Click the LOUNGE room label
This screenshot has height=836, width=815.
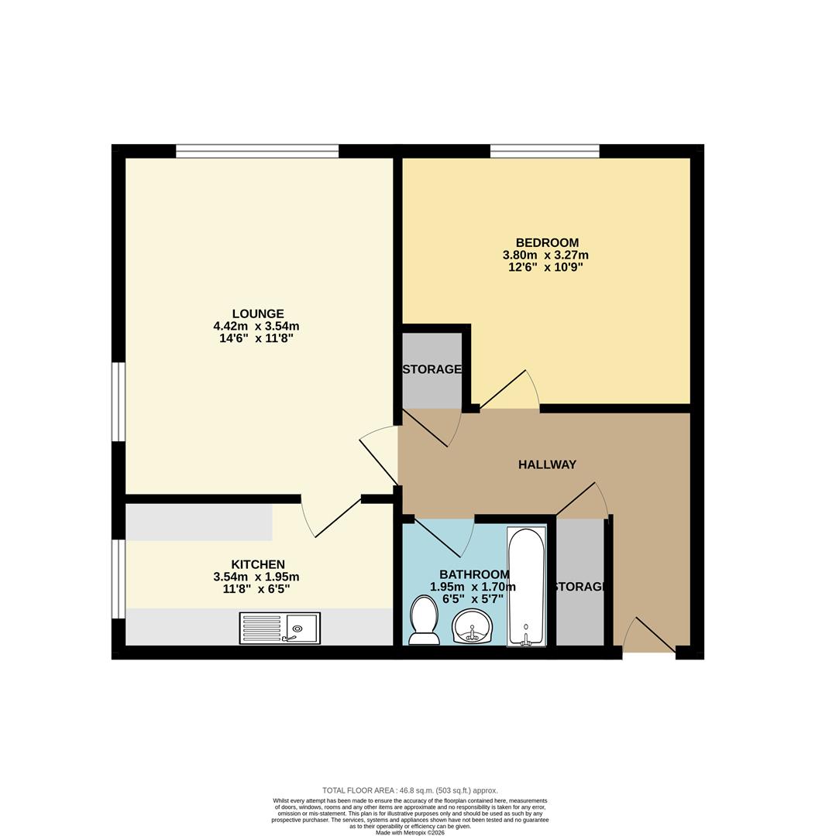258,313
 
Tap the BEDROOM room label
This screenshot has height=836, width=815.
547,242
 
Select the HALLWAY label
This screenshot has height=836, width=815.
547,464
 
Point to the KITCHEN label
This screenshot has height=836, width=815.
258,564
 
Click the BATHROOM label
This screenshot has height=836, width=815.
474,574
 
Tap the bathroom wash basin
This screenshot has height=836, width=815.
473,627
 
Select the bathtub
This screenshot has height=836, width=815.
526,586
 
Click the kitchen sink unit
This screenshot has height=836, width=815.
280,628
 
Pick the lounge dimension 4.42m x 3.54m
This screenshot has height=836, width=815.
256,326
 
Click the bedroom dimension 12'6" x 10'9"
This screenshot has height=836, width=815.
545,267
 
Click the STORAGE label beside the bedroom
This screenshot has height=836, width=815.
432,369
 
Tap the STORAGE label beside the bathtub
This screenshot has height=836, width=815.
580,587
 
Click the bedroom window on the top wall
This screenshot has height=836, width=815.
545,152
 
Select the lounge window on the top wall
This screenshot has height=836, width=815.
257,152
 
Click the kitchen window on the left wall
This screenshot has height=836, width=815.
118,579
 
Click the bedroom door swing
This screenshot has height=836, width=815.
510,389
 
